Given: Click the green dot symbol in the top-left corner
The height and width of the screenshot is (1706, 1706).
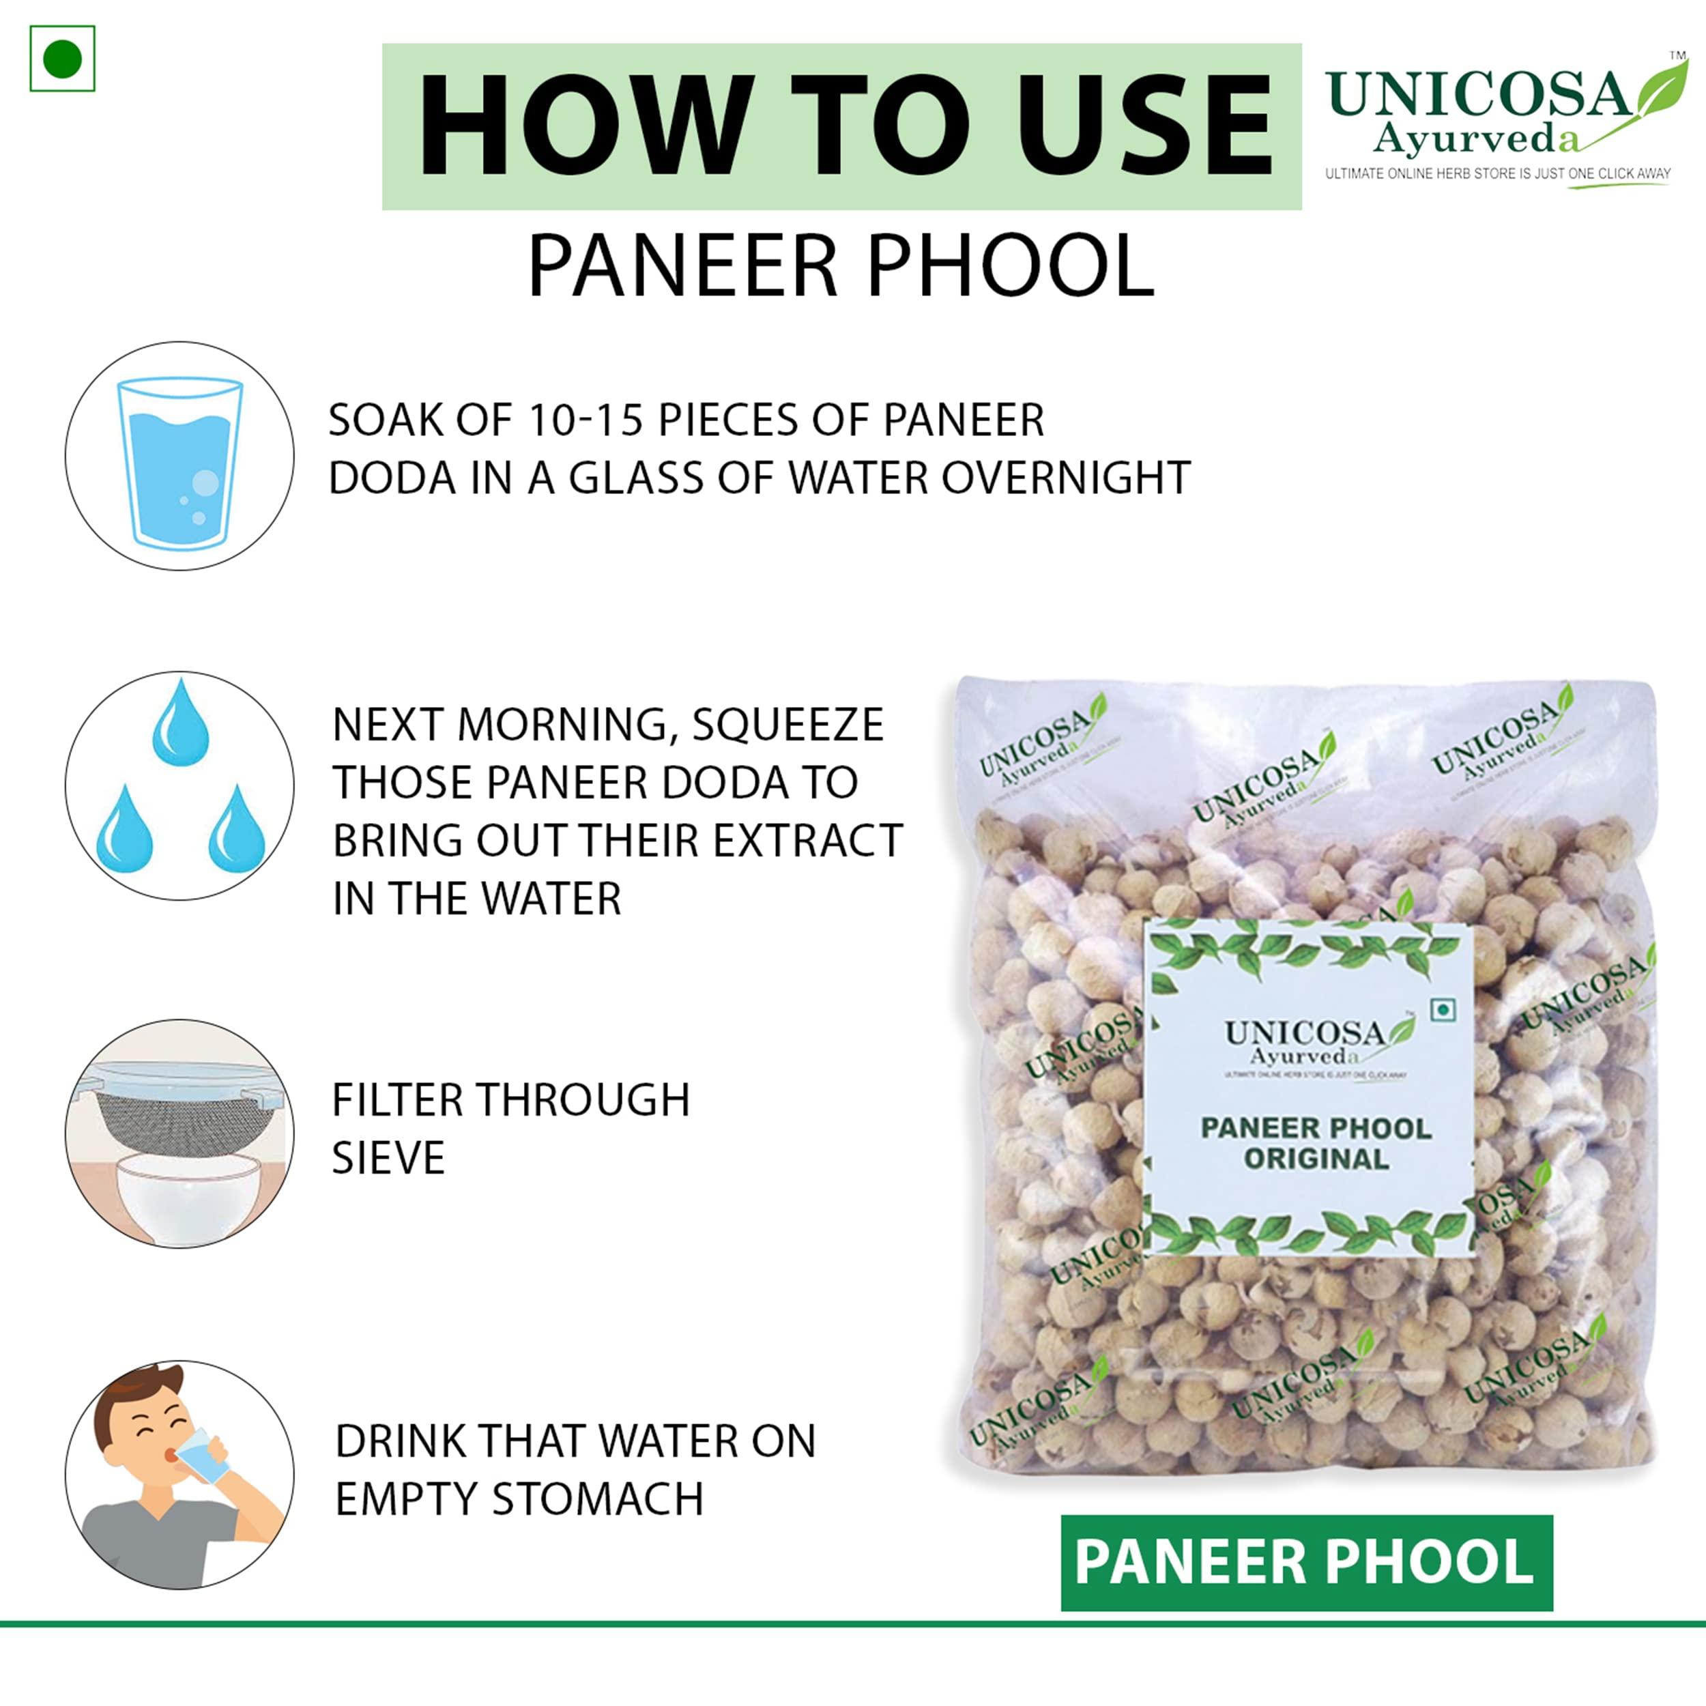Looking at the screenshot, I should click(62, 59).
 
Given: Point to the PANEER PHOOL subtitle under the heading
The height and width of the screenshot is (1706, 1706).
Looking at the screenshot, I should click(841, 265).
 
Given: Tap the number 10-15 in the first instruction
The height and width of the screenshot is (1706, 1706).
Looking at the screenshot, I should click(585, 420).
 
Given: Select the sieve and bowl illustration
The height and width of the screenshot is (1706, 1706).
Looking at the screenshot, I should click(180, 1135).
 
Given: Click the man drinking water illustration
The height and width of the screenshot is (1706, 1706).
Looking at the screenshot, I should click(180, 1475).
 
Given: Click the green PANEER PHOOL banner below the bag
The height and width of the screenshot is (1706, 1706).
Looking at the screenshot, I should click(1306, 1561).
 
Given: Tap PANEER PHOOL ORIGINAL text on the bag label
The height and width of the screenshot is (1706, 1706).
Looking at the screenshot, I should click(1316, 1144).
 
